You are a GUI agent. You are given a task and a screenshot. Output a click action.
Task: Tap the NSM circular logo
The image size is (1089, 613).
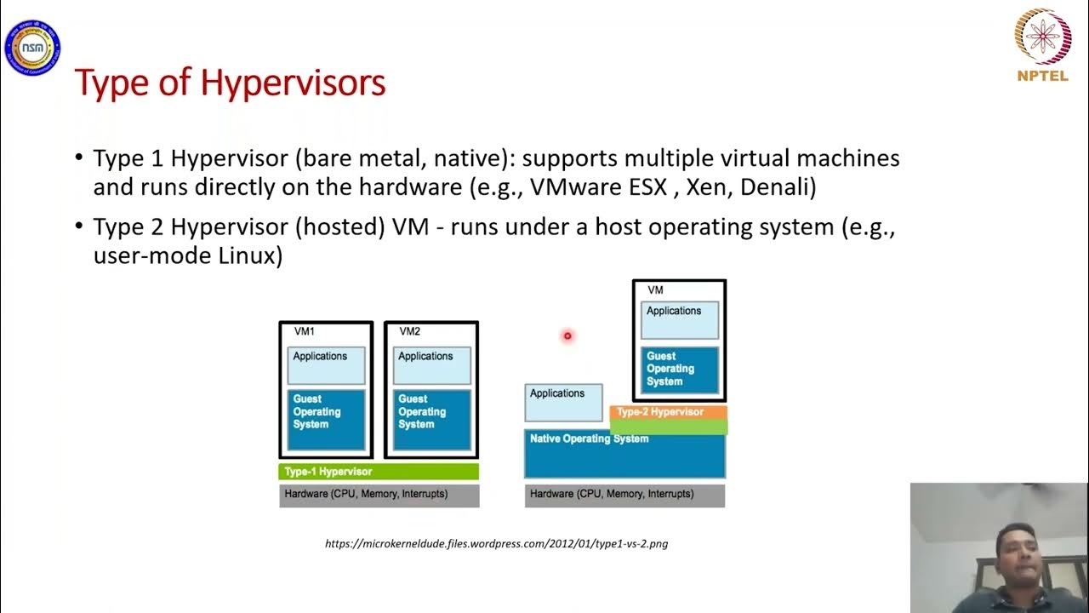pos(32,48)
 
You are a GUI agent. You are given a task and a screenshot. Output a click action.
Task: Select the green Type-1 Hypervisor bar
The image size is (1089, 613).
pos(379,471)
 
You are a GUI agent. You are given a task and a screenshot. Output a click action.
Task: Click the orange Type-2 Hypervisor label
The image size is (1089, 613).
pos(669,412)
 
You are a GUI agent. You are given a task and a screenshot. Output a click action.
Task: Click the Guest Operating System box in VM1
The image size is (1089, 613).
pos(326,419)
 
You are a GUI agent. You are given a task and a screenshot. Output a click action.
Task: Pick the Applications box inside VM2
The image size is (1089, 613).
pos(431,364)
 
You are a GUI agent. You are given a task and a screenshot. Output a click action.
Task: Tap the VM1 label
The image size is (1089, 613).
pos(304,331)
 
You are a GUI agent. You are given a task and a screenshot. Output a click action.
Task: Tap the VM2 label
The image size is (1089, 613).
pos(409,331)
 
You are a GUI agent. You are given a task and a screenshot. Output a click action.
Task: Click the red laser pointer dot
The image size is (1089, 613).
pos(567,336)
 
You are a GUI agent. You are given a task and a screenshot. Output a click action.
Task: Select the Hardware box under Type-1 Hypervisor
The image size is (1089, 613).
pos(379,495)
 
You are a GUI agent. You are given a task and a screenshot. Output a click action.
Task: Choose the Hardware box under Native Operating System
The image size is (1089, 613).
pos(624,495)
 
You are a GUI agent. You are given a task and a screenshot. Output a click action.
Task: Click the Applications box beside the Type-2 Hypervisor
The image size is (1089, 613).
pos(563,402)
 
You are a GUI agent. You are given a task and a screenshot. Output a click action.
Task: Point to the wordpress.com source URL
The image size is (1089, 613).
pos(496,543)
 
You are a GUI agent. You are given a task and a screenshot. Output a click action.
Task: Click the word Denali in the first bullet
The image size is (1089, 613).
pos(776,188)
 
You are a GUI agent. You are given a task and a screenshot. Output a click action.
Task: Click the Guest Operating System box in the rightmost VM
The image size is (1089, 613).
pos(679,369)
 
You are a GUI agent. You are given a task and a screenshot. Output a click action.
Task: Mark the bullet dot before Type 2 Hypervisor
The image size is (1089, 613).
pos(79,228)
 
